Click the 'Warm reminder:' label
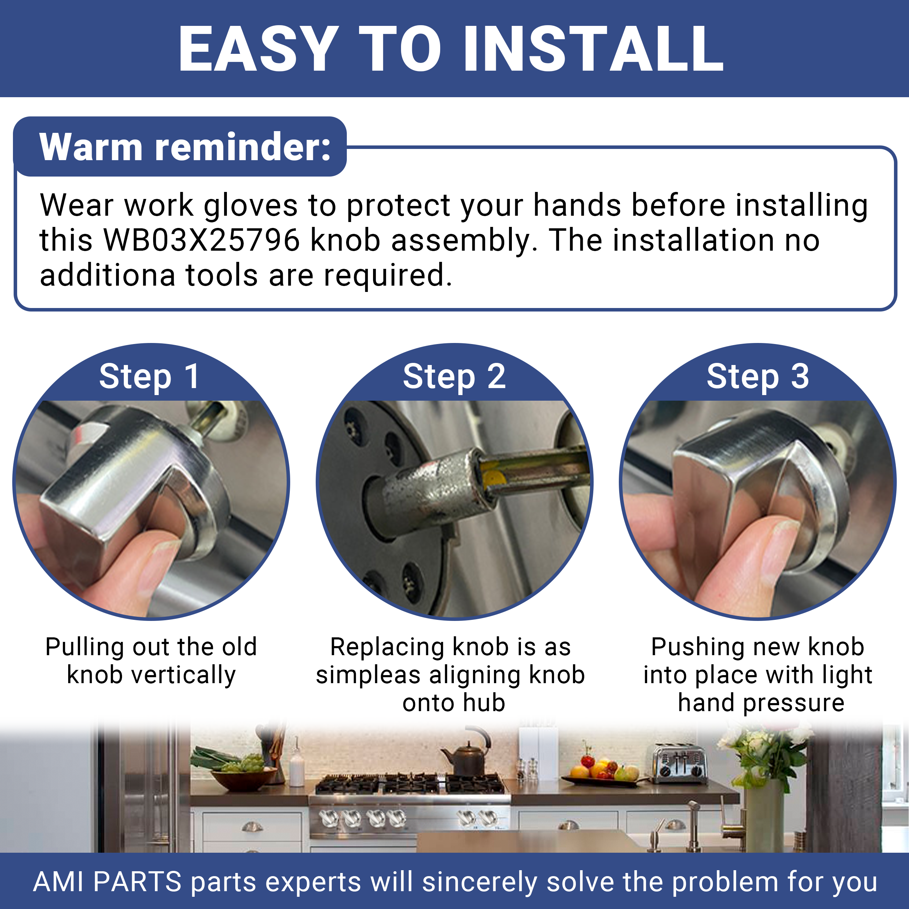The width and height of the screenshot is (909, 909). coord(185,147)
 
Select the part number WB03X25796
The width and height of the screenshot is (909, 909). coord(201,240)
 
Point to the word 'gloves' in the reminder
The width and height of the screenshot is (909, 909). coord(250,206)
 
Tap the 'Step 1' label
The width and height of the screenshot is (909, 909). coord(150,377)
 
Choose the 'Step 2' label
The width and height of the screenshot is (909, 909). coord(454,377)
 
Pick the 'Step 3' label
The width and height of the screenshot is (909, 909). coord(758,377)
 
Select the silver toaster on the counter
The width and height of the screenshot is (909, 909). coord(680,764)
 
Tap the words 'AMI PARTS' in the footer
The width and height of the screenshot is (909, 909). coord(107,882)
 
